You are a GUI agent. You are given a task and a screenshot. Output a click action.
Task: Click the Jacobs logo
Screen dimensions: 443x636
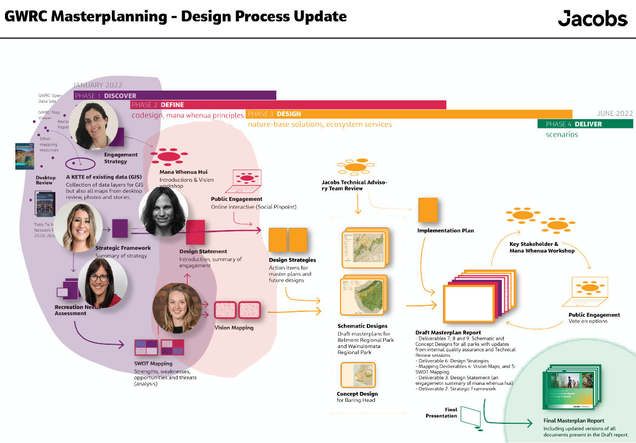tap(592, 18)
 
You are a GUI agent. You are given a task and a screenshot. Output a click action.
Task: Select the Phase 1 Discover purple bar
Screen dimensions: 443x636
tap(175, 96)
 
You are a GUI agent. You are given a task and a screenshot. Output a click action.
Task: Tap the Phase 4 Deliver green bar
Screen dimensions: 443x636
tap(585, 124)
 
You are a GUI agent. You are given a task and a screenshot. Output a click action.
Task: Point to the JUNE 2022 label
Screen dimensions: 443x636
tap(615, 114)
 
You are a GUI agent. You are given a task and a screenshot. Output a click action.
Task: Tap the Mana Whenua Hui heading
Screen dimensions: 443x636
tap(183, 172)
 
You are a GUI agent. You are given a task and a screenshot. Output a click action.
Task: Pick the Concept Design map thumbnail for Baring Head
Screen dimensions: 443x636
tap(357, 375)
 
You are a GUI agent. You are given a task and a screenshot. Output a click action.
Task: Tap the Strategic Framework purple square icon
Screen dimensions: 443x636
tap(120, 228)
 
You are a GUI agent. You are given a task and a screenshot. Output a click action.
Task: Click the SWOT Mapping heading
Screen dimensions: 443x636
tap(153, 363)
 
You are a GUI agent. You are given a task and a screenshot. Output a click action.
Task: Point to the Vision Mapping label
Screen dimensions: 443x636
tap(234, 328)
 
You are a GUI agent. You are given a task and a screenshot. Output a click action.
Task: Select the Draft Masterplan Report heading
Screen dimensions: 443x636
tap(448, 333)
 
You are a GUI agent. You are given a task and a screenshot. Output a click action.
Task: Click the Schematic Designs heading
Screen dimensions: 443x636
tap(362, 326)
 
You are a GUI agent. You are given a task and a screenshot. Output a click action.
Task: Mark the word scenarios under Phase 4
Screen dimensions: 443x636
tap(561, 134)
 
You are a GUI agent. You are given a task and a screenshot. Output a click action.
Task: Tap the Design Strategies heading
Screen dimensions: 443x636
tap(292, 260)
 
